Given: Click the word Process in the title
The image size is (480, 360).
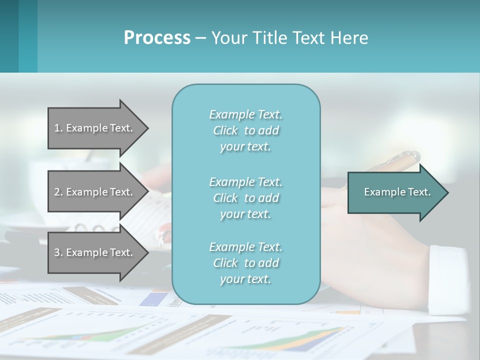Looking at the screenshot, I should point(157,37).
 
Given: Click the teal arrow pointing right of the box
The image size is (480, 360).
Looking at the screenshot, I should point(395,192).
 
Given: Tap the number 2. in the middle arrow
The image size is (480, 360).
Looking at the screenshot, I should point(58,192).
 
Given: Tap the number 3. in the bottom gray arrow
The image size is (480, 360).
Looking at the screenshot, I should point(58,252).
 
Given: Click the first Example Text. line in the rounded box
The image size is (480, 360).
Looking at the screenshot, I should point(245,114).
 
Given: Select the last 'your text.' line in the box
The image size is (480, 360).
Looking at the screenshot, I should point(245,279).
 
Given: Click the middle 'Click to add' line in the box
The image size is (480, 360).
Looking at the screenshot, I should point(245,198).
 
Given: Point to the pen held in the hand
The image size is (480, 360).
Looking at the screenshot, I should point(395,160).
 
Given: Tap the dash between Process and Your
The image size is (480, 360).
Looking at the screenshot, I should point(200,38).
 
